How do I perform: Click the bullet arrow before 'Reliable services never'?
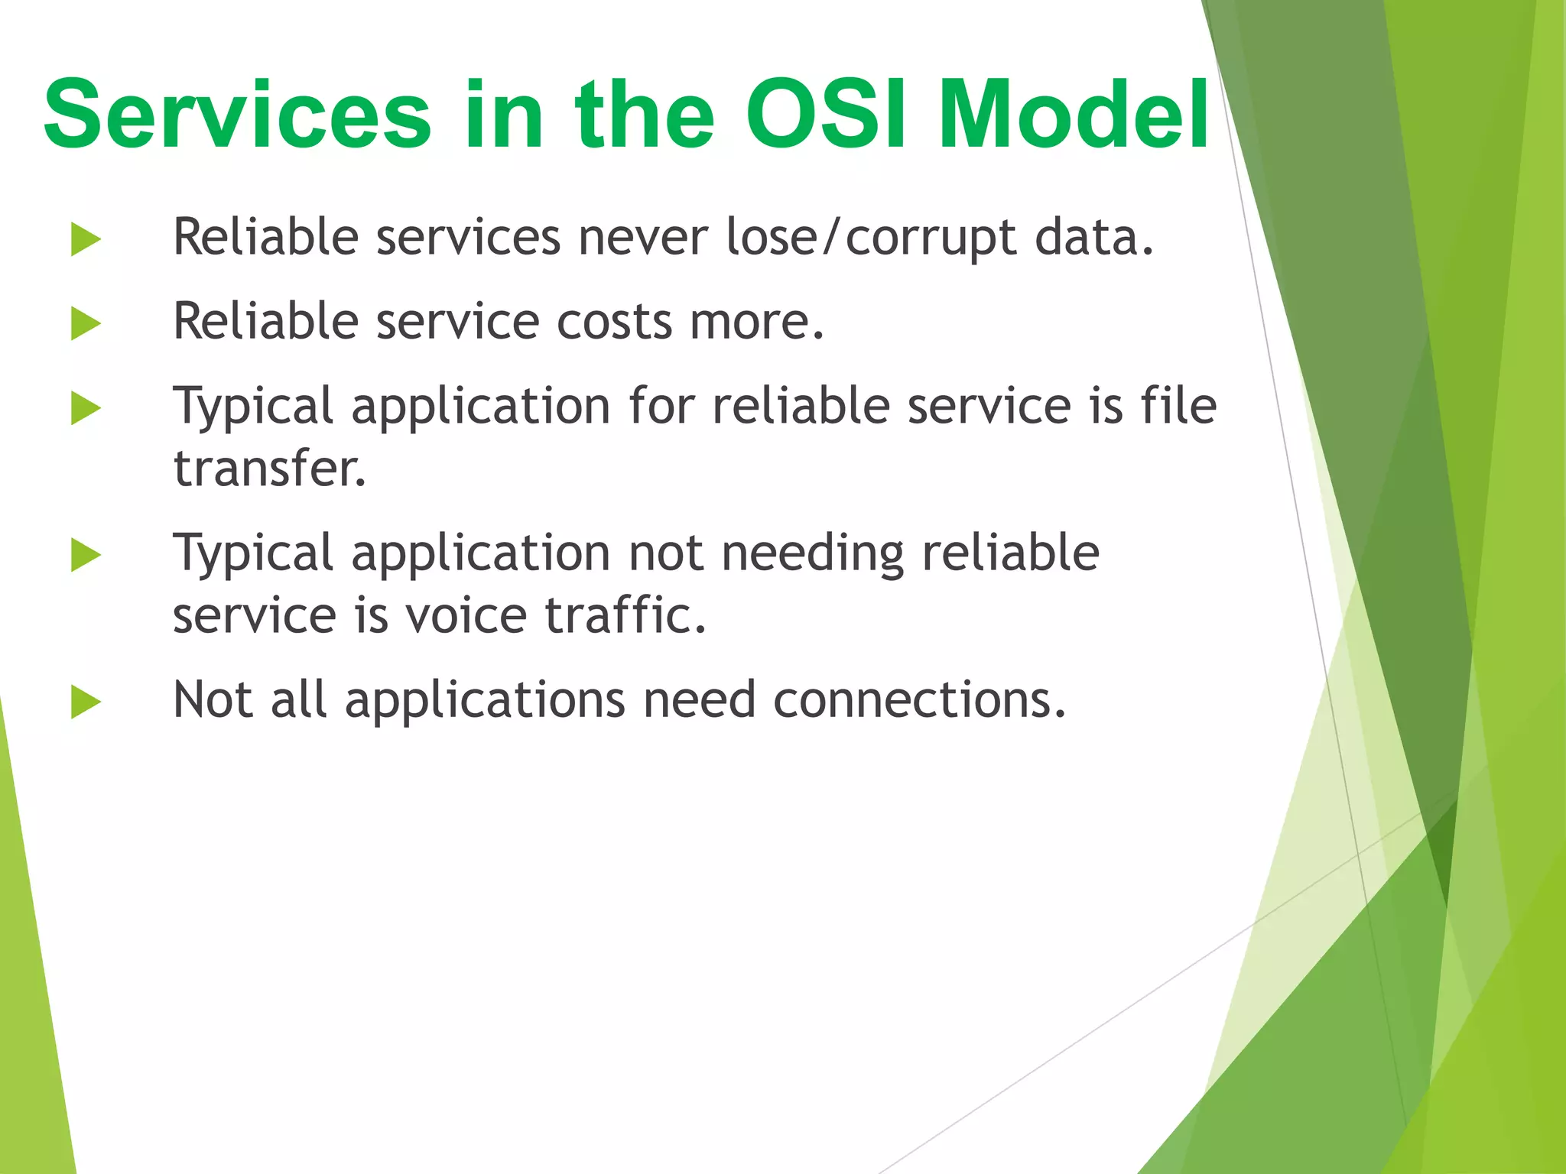click(x=86, y=239)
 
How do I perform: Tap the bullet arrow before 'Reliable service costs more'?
click(x=86, y=323)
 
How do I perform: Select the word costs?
click(x=614, y=322)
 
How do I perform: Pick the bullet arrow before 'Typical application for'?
click(x=86, y=407)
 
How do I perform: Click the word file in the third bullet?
click(x=1178, y=405)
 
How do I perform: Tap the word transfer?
click(x=269, y=469)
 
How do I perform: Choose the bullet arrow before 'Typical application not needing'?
click(x=86, y=555)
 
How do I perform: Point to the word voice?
click(x=466, y=616)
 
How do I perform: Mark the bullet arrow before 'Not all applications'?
click(x=86, y=702)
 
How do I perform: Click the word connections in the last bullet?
click(x=919, y=700)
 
